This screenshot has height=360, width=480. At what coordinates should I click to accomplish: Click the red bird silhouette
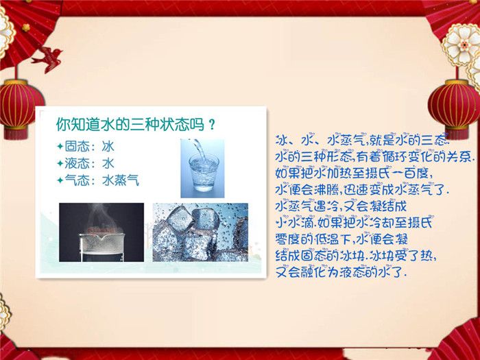click(x=49, y=59)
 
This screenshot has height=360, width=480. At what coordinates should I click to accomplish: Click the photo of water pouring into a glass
click(x=202, y=169)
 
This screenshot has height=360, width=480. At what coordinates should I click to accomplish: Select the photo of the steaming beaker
click(x=101, y=232)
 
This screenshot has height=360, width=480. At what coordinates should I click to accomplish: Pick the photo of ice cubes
click(x=200, y=232)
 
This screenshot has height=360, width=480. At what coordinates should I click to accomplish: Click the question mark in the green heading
click(x=211, y=125)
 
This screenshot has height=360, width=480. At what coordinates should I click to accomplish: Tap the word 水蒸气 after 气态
click(x=121, y=180)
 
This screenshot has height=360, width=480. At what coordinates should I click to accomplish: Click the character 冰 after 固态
click(x=108, y=146)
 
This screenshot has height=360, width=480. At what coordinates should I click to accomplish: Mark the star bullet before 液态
click(x=60, y=163)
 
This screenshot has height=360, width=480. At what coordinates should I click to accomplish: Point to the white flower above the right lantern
click(x=462, y=45)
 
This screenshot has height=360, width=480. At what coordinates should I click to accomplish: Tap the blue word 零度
click(x=287, y=239)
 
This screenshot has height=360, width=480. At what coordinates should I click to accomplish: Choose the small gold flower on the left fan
click(x=26, y=27)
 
